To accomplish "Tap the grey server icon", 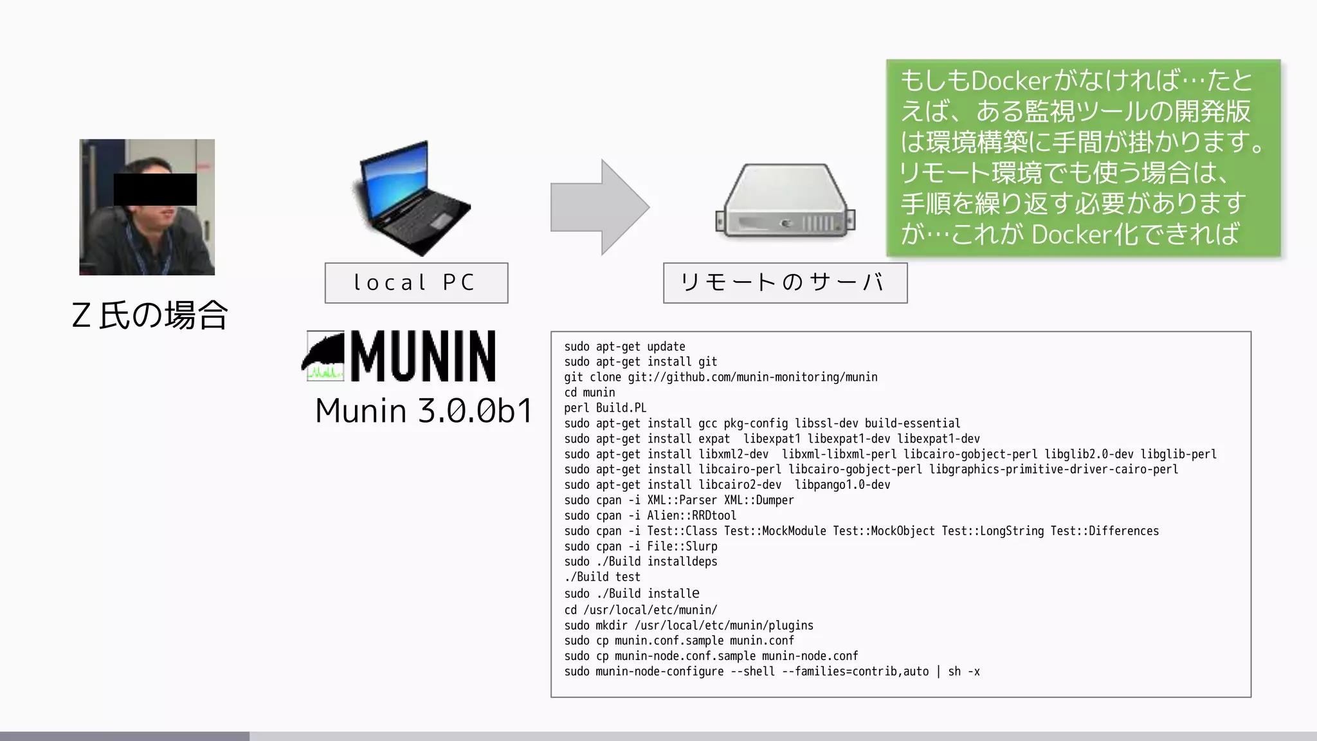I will coord(785,201).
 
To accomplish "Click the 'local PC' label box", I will coord(416,283).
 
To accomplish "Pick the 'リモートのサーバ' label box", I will coord(785,283).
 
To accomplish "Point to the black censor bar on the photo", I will coord(155,190).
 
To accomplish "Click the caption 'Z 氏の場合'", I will coord(150,315).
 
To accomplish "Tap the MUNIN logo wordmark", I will coord(422,356).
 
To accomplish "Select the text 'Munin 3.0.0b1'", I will coord(424,410).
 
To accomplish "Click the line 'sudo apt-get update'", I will coord(624,347).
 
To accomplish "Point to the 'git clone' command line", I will coord(720,378).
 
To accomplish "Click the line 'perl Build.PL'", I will coord(605,408).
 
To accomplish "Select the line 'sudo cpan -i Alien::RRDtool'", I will coord(650,516).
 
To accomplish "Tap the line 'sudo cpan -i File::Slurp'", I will coord(640,547).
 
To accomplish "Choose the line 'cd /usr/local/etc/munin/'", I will coord(640,610).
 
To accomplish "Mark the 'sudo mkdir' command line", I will coord(689,625).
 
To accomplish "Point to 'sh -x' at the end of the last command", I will coord(964,672).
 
